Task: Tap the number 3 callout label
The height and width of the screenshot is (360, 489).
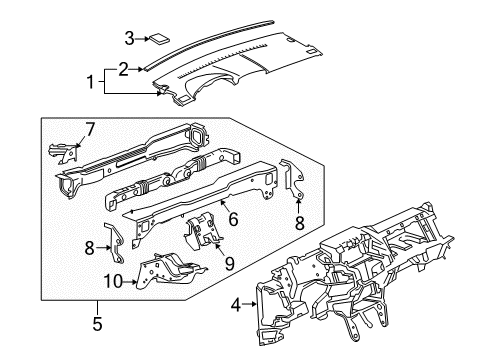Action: pos(129,39)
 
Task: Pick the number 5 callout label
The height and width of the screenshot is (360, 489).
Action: pos(96,322)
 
